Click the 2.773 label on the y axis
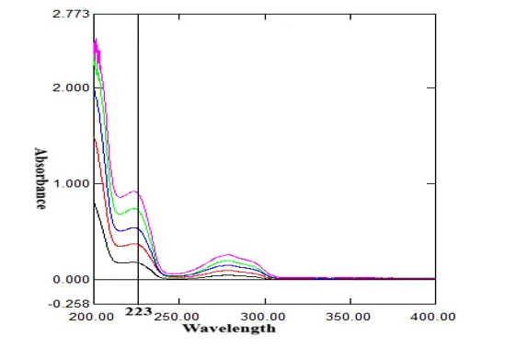(x=71, y=14)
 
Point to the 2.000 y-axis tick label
(x=71, y=87)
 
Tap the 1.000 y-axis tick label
(x=71, y=184)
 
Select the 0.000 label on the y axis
(x=71, y=279)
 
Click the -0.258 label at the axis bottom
(x=69, y=304)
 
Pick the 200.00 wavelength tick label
(x=91, y=317)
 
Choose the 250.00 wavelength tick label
(x=177, y=317)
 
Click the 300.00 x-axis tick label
(x=263, y=317)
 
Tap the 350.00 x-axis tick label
(x=348, y=317)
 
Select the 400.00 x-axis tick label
(x=433, y=317)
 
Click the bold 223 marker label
(x=138, y=311)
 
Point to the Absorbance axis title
(x=40, y=179)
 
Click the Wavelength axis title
(x=229, y=329)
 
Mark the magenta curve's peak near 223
(x=134, y=192)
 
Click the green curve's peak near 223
(x=134, y=208)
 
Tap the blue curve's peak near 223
(x=134, y=227)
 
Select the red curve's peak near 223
(x=135, y=244)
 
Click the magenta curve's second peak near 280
(x=228, y=255)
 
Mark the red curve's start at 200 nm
(x=94, y=137)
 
